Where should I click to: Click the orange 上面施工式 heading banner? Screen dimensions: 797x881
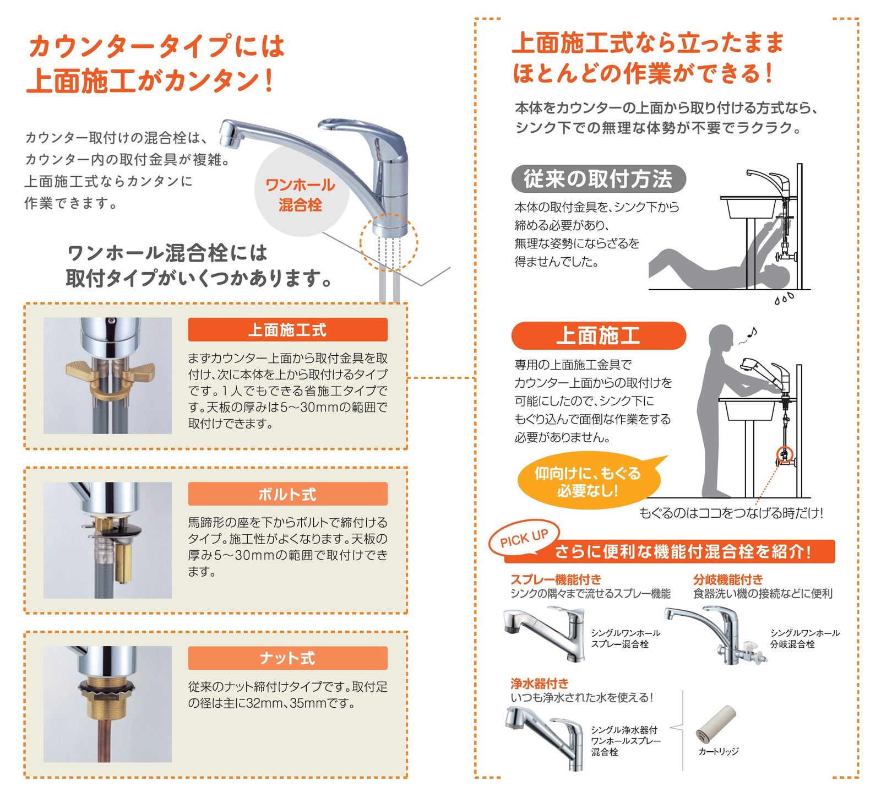[287, 329]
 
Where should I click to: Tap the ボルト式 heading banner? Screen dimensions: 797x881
[287, 494]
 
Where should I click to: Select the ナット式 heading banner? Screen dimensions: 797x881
[287, 658]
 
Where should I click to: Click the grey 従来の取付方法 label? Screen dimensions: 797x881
[598, 179]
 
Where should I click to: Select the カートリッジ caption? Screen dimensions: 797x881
[718, 751]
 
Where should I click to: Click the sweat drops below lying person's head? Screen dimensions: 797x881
[784, 299]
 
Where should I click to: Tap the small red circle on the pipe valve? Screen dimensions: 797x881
[784, 454]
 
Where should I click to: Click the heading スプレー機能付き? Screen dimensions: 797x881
[556, 579]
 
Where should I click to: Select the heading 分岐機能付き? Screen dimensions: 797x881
[728, 579]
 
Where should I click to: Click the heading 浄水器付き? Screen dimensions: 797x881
[539, 684]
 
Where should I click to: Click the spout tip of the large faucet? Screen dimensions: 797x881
[230, 135]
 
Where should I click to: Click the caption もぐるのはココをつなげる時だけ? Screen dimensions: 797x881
[731, 513]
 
